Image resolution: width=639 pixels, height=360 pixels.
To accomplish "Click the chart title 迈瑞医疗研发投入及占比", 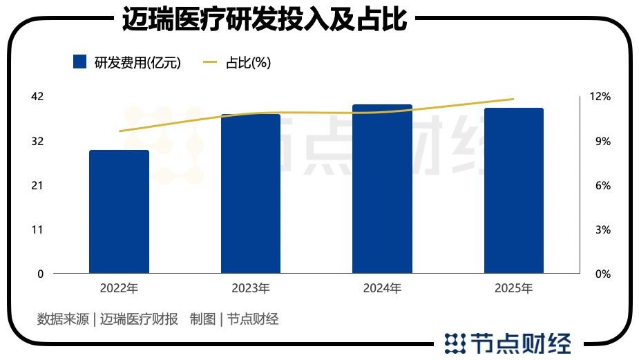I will pyautogui.click(x=265, y=19).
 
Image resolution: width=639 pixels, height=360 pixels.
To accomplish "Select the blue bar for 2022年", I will pyautogui.click(x=119, y=211).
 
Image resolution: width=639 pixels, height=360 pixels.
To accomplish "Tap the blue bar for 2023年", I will pyautogui.click(x=251, y=193).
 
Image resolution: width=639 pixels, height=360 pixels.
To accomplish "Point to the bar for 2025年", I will pyautogui.click(x=513, y=191).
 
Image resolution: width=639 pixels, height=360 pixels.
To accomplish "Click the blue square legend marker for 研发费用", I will pyautogui.click(x=79, y=62).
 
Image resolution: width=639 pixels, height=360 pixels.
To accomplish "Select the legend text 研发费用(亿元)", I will pyautogui.click(x=137, y=63).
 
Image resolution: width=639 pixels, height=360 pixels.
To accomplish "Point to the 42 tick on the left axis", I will pyautogui.click(x=37, y=97).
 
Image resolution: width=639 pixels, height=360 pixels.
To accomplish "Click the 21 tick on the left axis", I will pyautogui.click(x=37, y=185).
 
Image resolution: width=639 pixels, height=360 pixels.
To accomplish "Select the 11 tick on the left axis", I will pyautogui.click(x=37, y=229).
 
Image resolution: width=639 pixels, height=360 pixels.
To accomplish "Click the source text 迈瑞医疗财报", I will pyautogui.click(x=139, y=319).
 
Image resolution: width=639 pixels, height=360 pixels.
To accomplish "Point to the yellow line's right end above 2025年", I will pyautogui.click(x=513, y=99).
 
